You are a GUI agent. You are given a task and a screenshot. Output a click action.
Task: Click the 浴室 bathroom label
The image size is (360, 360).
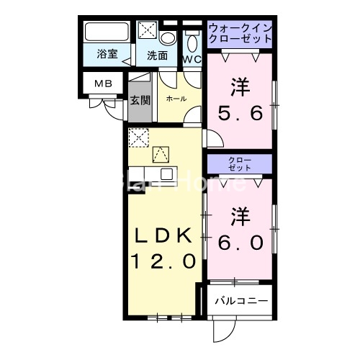[107, 55]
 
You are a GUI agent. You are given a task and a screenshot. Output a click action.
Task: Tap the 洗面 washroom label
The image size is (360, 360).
[158, 55]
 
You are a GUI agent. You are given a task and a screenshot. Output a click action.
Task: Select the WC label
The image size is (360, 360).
[192, 59]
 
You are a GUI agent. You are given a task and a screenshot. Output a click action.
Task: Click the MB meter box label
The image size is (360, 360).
[102, 84]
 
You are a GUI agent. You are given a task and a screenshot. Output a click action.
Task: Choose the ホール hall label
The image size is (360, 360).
[176, 98]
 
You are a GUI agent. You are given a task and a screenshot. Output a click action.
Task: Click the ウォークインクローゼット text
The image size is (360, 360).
[240, 33]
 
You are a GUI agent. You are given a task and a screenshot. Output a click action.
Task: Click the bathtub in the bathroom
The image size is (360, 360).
[106, 33]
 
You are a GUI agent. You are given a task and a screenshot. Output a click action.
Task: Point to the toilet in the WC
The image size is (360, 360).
[192, 39]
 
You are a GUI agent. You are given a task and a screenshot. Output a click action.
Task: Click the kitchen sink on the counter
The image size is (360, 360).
[168, 174]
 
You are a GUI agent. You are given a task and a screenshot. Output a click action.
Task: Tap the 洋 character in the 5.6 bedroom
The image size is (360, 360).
[240, 88]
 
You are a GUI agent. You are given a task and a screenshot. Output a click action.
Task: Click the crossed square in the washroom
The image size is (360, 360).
[148, 30]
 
